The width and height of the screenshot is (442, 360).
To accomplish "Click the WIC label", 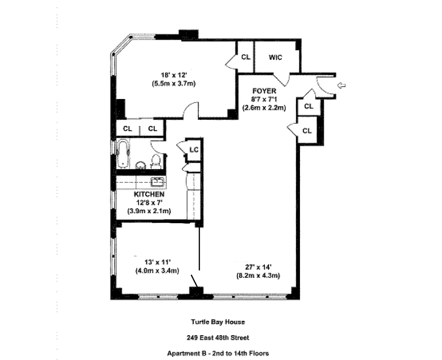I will click(275, 57).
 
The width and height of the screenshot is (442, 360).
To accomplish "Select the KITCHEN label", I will click(149, 194).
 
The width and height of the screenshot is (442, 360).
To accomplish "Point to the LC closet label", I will click(194, 149).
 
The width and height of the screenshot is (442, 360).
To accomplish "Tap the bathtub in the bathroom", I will click(123, 153).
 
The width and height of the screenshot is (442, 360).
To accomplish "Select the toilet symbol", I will click(156, 161).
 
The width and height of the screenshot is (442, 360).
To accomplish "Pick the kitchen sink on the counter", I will click(157, 182).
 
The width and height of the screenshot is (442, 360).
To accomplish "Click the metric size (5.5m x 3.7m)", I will click(173, 84).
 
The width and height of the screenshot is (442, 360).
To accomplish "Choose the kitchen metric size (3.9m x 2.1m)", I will click(149, 211).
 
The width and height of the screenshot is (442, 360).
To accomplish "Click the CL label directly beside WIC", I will click(245, 57).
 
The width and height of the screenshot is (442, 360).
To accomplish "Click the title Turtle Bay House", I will click(218, 322).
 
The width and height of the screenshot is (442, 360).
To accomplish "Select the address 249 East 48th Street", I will click(218, 337).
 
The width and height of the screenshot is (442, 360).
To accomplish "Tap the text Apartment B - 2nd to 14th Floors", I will click(218, 353).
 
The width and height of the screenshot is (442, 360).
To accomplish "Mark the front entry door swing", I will click(325, 86).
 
